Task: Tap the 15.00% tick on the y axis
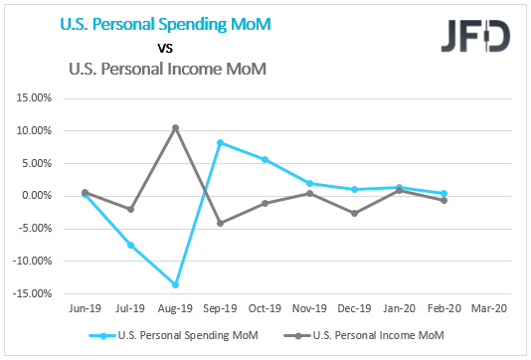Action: click(x=34, y=97)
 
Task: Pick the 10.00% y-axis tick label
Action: click(x=34, y=130)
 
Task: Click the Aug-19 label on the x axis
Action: click(x=175, y=310)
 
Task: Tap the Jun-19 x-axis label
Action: click(x=85, y=310)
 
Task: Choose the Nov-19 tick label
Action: click(x=309, y=310)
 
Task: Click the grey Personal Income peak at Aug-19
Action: click(x=175, y=127)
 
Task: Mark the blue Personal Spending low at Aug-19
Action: click(x=175, y=284)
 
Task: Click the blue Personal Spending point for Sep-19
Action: click(x=220, y=142)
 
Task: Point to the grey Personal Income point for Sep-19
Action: click(x=220, y=223)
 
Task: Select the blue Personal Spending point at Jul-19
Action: click(x=130, y=245)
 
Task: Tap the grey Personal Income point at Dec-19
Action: click(x=354, y=213)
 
